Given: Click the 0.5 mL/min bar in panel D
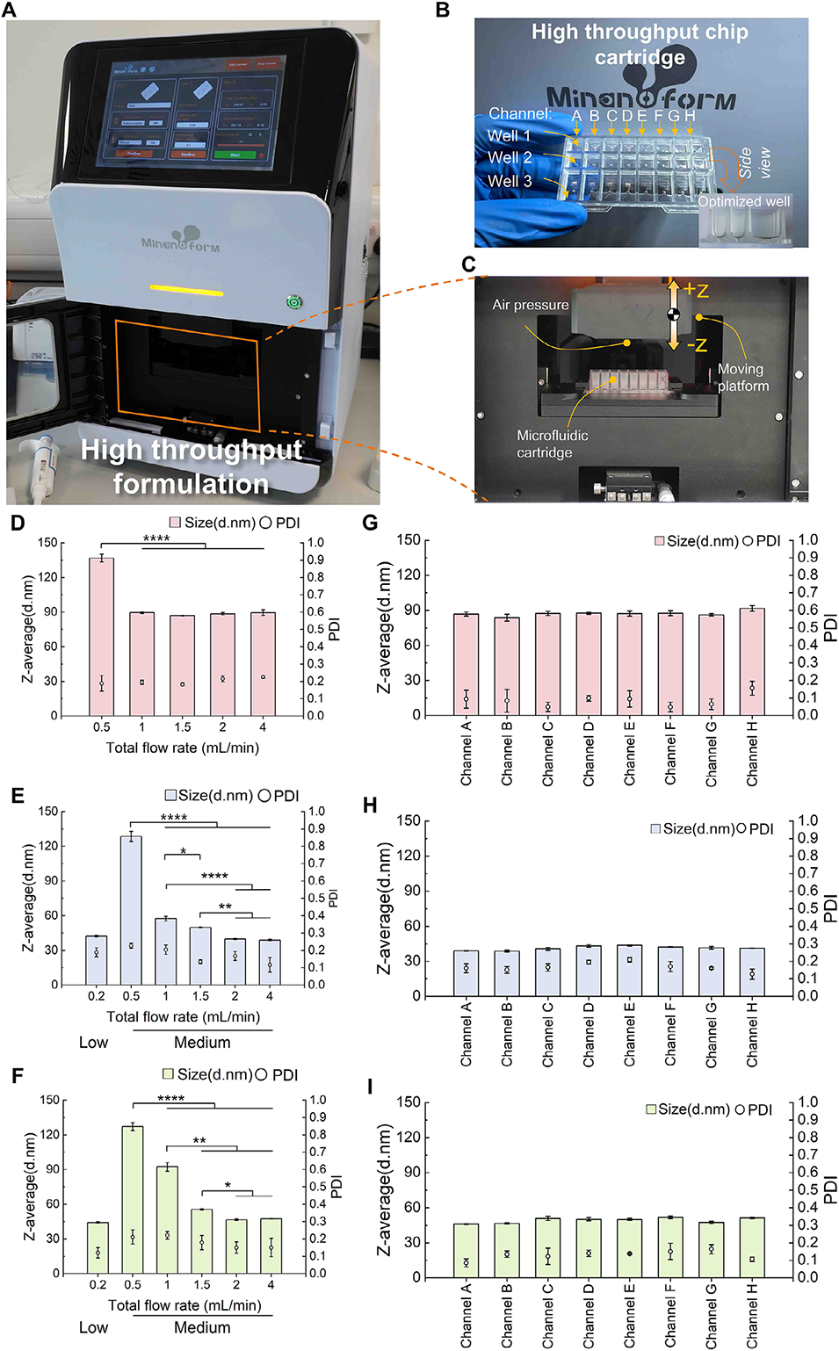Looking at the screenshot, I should click(x=102, y=637).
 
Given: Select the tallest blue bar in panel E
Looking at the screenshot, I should click(x=131, y=910).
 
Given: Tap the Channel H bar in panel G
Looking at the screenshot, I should click(x=752, y=661).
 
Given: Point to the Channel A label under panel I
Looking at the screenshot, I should click(x=467, y=1315).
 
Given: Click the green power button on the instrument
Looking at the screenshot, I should click(x=293, y=302).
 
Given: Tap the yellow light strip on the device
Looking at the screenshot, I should click(x=186, y=289).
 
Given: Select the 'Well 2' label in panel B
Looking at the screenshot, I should click(x=510, y=158).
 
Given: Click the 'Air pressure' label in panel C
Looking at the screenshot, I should click(x=531, y=305).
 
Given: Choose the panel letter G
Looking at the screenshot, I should click(x=370, y=523).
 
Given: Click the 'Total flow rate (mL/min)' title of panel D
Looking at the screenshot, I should click(x=183, y=748).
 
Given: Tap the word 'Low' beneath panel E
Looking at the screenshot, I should click(x=94, y=1043).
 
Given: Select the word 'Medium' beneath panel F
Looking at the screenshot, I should click(x=202, y=1327).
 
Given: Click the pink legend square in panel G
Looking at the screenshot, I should click(x=660, y=541).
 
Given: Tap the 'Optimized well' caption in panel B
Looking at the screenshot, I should click(x=744, y=201).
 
